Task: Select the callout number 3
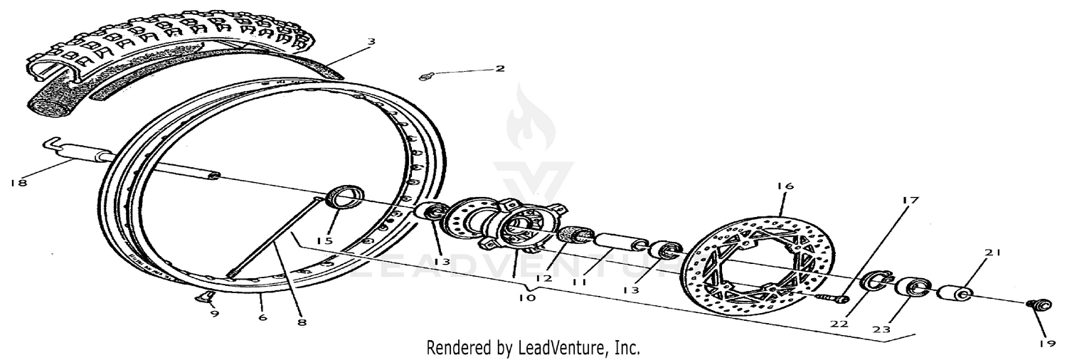pyautogui.click(x=371, y=42)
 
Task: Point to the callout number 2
pyautogui.click(x=499, y=68)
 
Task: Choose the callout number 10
pyautogui.click(x=527, y=299)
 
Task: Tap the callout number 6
pyautogui.click(x=262, y=317)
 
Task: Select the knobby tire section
pyautogui.click(x=164, y=57)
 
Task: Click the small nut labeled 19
pyautogui.click(x=1039, y=306)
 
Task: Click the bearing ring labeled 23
pyautogui.click(x=911, y=287)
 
